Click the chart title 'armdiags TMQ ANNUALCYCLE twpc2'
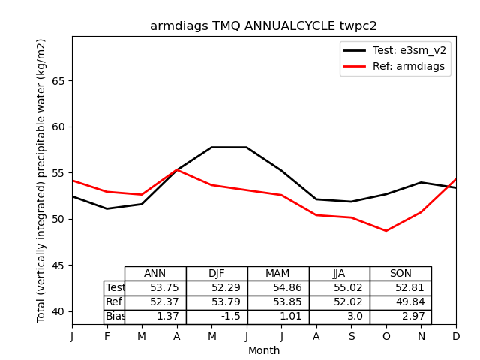pos(263,26)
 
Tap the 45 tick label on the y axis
pos(58,265)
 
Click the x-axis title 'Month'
pos(264,350)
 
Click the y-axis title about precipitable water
pos(42,180)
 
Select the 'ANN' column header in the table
pos(155,274)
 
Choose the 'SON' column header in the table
pos(400,274)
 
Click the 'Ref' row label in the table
pos(114,302)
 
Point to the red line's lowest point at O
pos(386,231)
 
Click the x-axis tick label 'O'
pos(386,337)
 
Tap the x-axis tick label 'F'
pos(107,337)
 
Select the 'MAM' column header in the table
pos(277,274)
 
